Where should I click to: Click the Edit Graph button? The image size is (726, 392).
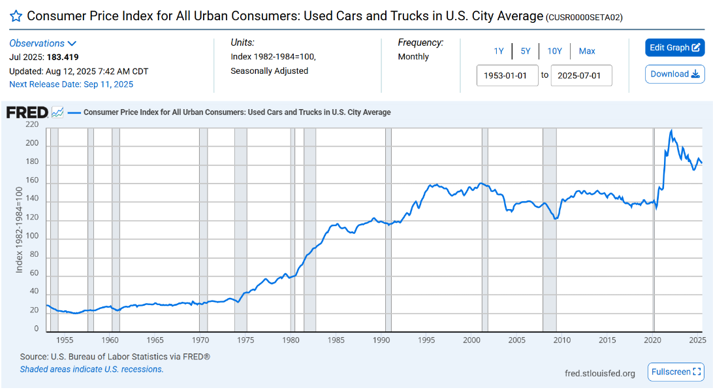(674, 48)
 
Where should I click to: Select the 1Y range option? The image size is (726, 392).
(499, 51)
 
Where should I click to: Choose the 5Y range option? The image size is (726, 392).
(526, 51)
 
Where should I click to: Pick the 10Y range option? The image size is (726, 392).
(554, 51)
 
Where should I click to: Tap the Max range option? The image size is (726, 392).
(586, 51)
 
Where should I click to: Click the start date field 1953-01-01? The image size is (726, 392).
(507, 75)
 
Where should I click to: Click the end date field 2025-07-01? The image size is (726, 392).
(581, 75)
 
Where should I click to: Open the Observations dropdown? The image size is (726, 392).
(43, 43)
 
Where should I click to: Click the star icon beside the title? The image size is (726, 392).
(16, 16)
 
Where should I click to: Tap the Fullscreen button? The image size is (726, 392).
(676, 372)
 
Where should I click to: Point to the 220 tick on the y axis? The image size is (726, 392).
(32, 125)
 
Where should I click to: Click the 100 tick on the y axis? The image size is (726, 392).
(32, 237)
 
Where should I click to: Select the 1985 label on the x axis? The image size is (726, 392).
(336, 340)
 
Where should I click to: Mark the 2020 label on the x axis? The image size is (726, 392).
(652, 340)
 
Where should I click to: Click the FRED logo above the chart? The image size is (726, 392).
(27, 112)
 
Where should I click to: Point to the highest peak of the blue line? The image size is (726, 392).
(671, 131)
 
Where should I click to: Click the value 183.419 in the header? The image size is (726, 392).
(63, 57)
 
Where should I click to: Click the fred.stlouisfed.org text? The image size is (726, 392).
(599, 373)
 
